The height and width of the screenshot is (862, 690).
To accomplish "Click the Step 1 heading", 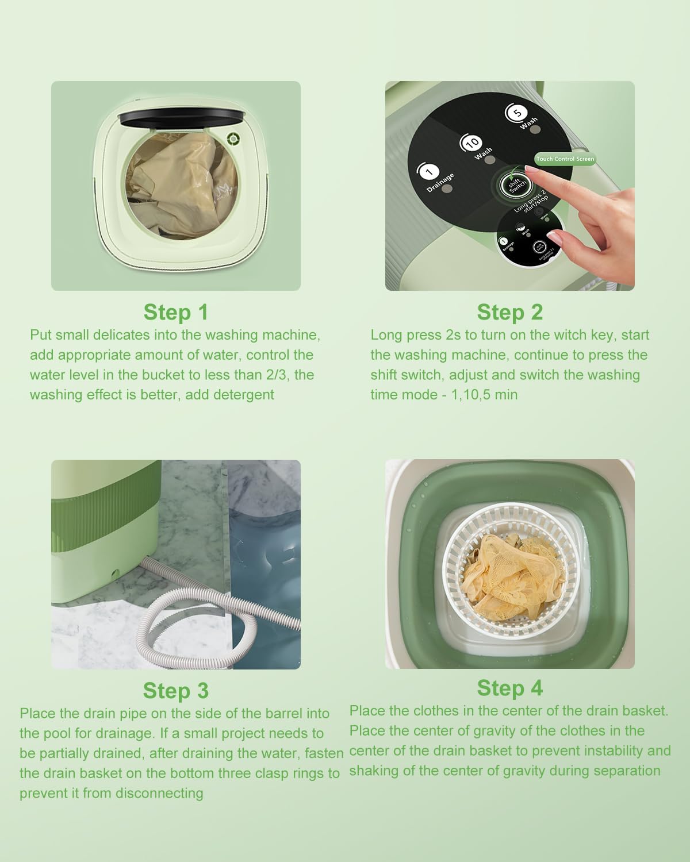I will [x=175, y=312].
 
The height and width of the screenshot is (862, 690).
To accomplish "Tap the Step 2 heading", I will [x=509, y=312].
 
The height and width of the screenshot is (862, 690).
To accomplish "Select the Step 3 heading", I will [x=175, y=691].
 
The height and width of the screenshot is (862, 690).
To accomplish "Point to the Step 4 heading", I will [x=509, y=688].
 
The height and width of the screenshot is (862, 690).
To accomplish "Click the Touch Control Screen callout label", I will [x=565, y=159].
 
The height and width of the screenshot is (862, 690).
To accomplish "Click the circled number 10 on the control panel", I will [x=471, y=143].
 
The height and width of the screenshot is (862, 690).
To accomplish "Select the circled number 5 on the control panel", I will [x=516, y=113].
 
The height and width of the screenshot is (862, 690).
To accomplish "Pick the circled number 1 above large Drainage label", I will [x=430, y=171].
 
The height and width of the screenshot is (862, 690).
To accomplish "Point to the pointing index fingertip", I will [x=555, y=234].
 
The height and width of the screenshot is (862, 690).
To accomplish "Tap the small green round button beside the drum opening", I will [x=233, y=138].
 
